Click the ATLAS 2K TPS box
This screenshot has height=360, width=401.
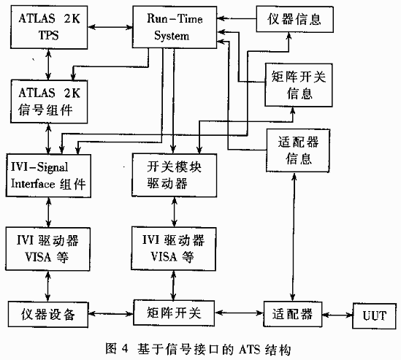tap(49, 27)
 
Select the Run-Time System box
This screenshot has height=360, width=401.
tap(175, 27)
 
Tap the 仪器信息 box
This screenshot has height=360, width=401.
tap(295, 20)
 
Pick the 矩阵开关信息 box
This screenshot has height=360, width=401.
tap(299, 85)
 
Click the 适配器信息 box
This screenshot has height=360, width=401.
tap(298, 150)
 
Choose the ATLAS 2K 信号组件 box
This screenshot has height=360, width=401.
tap(49, 102)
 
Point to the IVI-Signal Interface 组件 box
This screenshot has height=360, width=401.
tap(48, 175)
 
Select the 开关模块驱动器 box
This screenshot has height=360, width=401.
tap(175, 175)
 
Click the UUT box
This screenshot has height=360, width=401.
tap(375, 316)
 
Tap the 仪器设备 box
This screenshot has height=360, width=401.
tap(48, 315)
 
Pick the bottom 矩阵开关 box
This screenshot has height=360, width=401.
tap(174, 313)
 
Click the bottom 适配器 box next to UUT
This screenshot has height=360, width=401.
tap(293, 314)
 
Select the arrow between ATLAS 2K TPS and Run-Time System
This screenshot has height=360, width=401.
tap(110, 26)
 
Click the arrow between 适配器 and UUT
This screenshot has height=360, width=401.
tap(337, 315)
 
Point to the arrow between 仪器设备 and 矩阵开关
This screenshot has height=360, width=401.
tap(111, 313)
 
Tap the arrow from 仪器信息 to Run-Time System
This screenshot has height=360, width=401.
tap(237, 18)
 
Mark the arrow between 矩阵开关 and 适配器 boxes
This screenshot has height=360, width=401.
tap(239, 313)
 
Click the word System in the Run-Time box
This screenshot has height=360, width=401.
tap(172, 36)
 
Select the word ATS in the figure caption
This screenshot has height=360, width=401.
tap(250, 349)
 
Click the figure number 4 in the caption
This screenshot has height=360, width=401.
tap(125, 349)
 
